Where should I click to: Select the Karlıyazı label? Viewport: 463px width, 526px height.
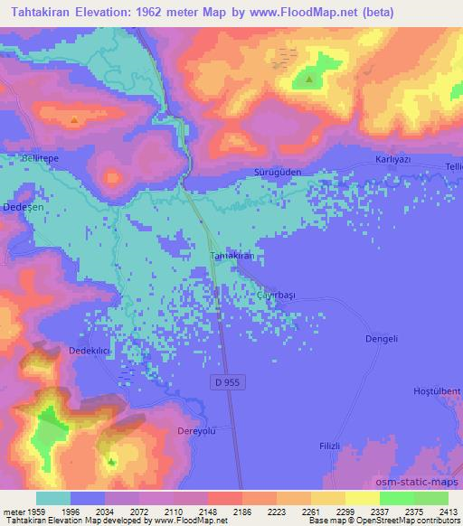[393, 159]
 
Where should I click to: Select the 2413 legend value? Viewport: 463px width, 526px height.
[447, 510]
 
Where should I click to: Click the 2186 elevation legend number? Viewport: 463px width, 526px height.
[241, 510]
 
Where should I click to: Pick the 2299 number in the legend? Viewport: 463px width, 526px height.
[345, 510]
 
